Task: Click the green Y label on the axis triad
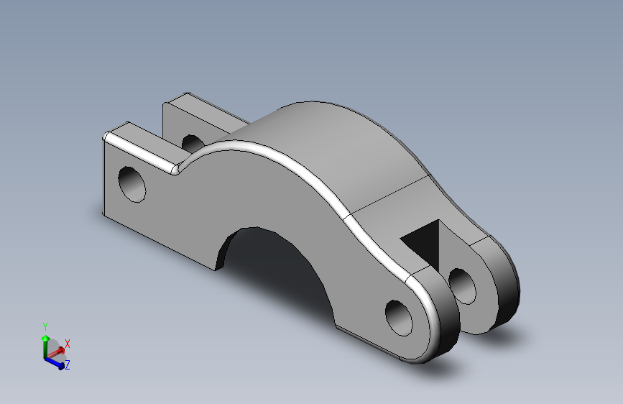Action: coord(45,326)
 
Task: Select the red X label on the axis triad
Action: coord(68,344)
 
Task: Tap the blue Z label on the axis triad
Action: coord(67,366)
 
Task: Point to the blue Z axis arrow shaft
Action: coord(54,361)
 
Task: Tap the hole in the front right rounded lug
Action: coord(399,317)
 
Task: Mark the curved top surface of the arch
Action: coord(338,151)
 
